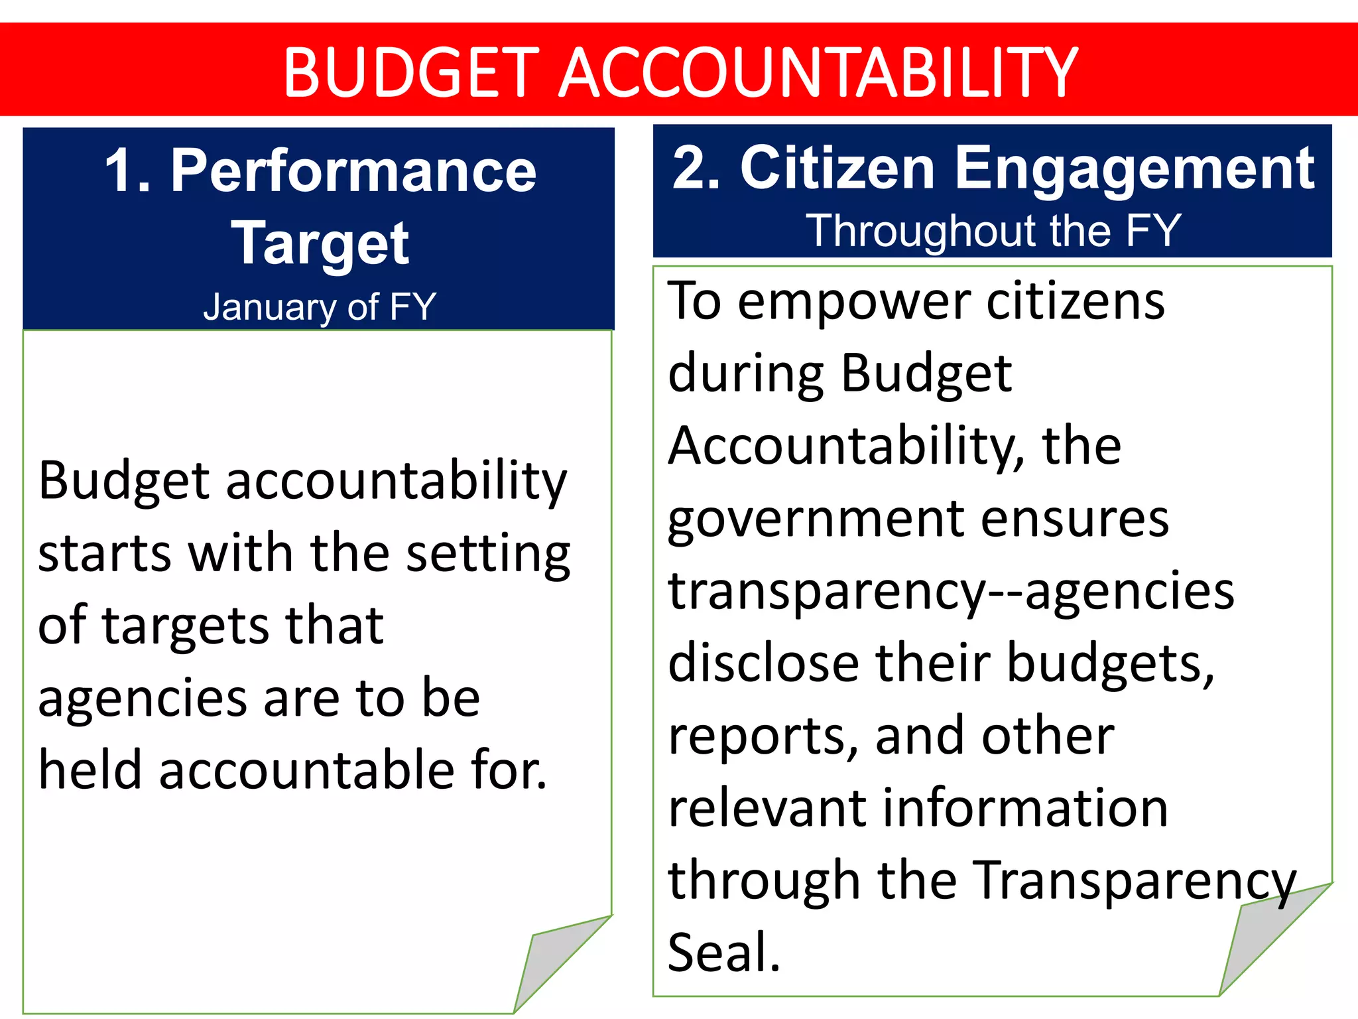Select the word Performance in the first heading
pos(353,171)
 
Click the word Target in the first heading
pos(320,244)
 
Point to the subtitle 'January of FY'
pos(320,306)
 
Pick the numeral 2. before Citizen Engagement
pos(696,169)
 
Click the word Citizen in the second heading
pos(837,169)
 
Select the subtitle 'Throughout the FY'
pos(993,231)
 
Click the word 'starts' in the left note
pos(105,553)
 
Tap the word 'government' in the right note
pos(817,521)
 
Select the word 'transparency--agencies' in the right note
pos(951,592)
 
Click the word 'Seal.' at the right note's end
pos(724,953)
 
